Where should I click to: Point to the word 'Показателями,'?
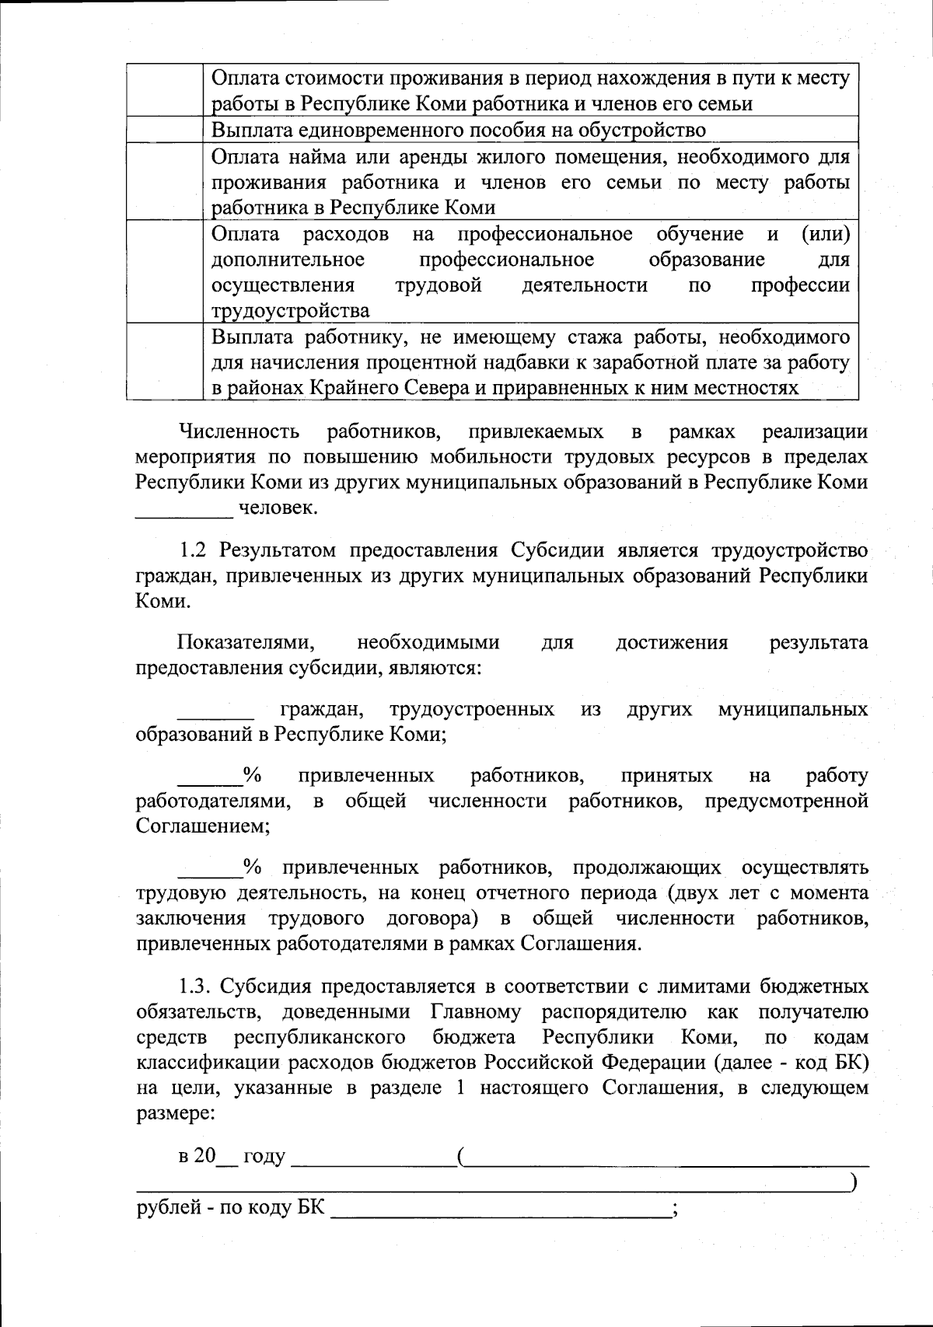point(246,643)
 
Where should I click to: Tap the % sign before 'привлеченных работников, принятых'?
point(252,775)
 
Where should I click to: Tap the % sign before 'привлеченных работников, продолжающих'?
point(252,866)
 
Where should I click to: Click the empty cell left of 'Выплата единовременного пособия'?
point(165,129)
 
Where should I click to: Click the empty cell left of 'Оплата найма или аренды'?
point(165,181)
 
